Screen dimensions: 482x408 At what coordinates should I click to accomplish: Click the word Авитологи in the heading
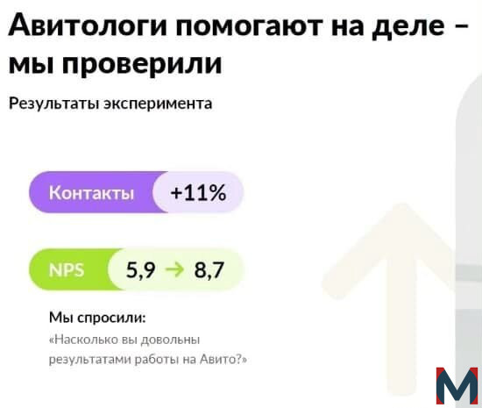(88, 25)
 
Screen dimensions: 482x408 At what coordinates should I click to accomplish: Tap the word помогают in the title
(249, 25)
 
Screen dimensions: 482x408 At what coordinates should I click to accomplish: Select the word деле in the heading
(408, 26)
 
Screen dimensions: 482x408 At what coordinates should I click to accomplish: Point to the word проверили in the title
(142, 65)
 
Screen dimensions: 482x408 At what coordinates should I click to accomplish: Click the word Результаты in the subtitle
(53, 104)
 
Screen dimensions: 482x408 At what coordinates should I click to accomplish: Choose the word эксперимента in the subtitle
(158, 104)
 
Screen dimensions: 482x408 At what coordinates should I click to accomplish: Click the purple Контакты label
(91, 193)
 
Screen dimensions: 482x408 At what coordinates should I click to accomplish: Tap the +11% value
(198, 193)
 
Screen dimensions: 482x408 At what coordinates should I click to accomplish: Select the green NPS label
(67, 270)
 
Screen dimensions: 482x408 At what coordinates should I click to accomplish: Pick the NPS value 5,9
(140, 270)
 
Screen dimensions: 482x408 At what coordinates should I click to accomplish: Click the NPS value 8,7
(209, 270)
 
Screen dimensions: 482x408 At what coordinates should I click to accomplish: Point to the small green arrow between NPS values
(174, 270)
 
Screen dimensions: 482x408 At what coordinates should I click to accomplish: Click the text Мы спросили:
(97, 318)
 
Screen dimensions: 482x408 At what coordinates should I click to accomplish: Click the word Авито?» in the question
(223, 359)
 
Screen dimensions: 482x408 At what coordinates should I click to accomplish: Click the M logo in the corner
(457, 385)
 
